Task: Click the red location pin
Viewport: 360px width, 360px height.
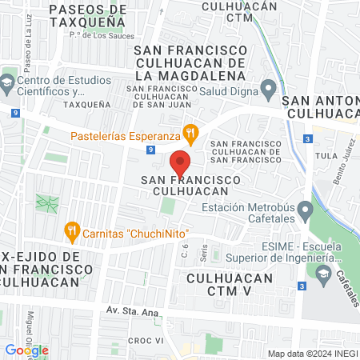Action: click(x=181, y=162)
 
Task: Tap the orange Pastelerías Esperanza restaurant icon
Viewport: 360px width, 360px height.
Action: click(x=190, y=132)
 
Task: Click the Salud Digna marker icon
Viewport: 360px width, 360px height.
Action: click(x=269, y=87)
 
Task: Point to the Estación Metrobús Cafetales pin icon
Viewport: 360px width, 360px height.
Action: click(x=304, y=211)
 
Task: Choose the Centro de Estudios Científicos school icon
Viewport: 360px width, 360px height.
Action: click(x=7, y=82)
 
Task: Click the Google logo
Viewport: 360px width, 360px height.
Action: click(x=26, y=350)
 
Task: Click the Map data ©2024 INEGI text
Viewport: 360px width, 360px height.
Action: click(x=311, y=353)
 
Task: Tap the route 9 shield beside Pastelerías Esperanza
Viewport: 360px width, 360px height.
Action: click(x=150, y=149)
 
